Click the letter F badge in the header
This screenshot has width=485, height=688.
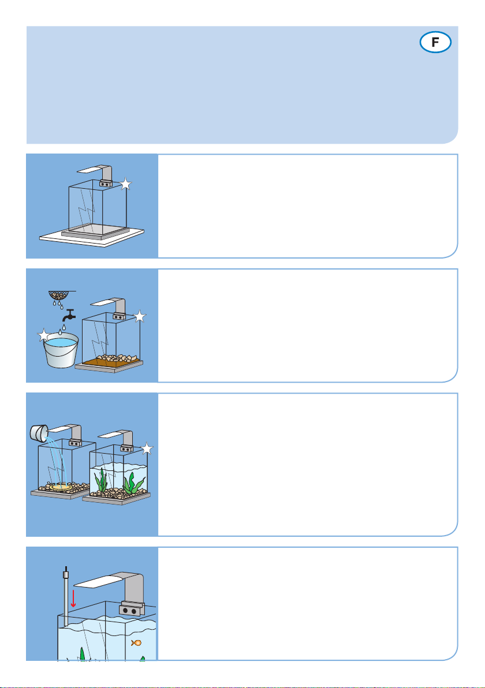435,42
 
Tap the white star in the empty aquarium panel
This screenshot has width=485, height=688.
126,184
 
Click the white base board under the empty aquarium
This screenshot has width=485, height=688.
92,237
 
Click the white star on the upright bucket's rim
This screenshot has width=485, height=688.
44,336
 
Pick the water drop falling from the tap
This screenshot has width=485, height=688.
64,327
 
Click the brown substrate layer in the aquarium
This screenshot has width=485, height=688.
110,362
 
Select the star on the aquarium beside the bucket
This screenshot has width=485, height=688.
140,316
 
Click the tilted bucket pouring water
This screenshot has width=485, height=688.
39,432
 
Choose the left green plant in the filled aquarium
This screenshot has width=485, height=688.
102,480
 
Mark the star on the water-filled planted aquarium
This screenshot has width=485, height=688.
147,449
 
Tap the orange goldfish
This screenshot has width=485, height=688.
136,643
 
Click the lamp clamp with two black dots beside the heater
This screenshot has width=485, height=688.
131,609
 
